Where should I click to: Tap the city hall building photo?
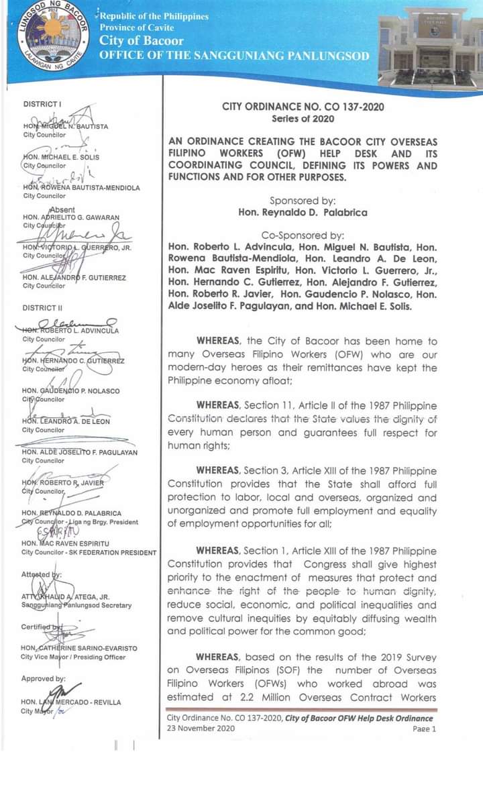coord(430,46)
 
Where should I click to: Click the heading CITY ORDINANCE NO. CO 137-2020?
coord(303,107)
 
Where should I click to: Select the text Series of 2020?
coord(303,119)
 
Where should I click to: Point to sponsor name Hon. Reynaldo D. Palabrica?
coord(303,212)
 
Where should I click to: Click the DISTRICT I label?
coord(42,104)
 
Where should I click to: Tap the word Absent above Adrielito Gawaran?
coord(63,209)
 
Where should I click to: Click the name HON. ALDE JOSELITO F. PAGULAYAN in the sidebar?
coord(79,452)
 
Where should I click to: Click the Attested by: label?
coord(41,575)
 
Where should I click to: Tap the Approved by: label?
coord(43,679)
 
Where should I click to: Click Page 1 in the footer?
coord(424,729)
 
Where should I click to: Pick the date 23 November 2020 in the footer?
coord(199,729)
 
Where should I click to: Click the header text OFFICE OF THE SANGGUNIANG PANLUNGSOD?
coord(234,56)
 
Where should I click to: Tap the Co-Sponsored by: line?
coord(303,235)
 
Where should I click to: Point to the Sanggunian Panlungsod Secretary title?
coord(76,605)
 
